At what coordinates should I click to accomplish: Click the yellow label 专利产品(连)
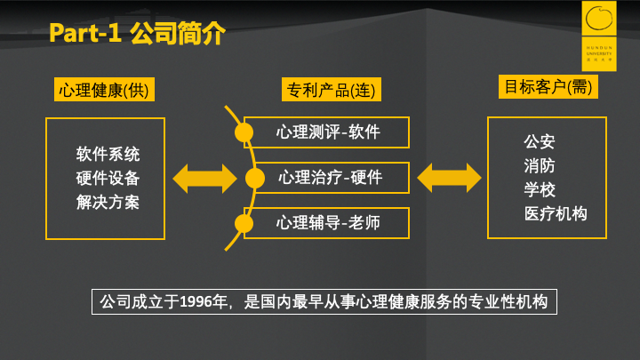point(328,90)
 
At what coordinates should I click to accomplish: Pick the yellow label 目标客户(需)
point(548,87)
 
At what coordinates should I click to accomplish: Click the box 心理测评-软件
point(327,132)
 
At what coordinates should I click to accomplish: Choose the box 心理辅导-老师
point(327,222)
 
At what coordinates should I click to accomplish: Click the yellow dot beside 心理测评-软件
point(244,133)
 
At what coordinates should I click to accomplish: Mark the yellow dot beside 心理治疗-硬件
point(255,178)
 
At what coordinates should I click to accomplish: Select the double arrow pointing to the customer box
point(449,177)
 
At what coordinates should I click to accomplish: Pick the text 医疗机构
point(556,213)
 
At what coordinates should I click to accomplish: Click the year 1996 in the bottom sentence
point(196,301)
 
